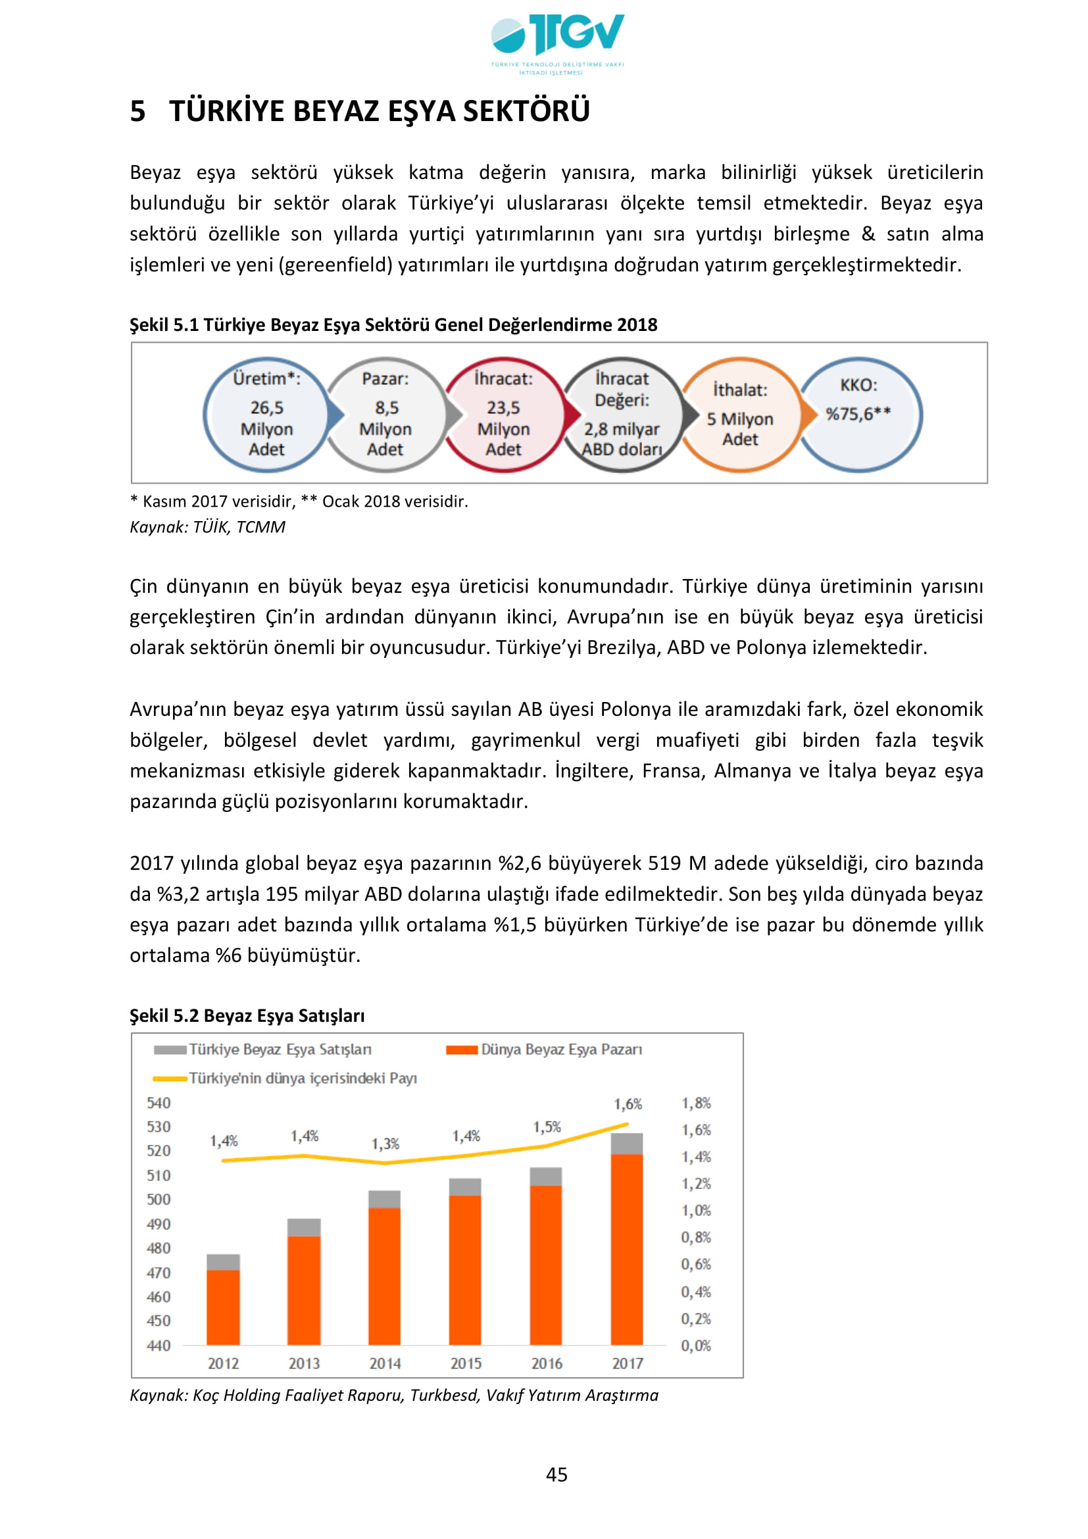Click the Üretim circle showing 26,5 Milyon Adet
[266, 415]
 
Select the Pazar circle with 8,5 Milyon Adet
[385, 415]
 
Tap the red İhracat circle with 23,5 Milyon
[503, 415]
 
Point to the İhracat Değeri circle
[622, 415]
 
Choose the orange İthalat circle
[739, 415]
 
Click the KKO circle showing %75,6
[859, 415]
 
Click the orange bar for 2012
[223, 1307]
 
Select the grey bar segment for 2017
[627, 1144]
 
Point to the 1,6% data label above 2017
[628, 1104]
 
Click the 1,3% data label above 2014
[385, 1144]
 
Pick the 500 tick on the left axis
[159, 1199]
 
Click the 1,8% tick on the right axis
[696, 1103]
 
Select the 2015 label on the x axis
[466, 1363]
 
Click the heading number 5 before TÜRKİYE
[137, 111]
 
